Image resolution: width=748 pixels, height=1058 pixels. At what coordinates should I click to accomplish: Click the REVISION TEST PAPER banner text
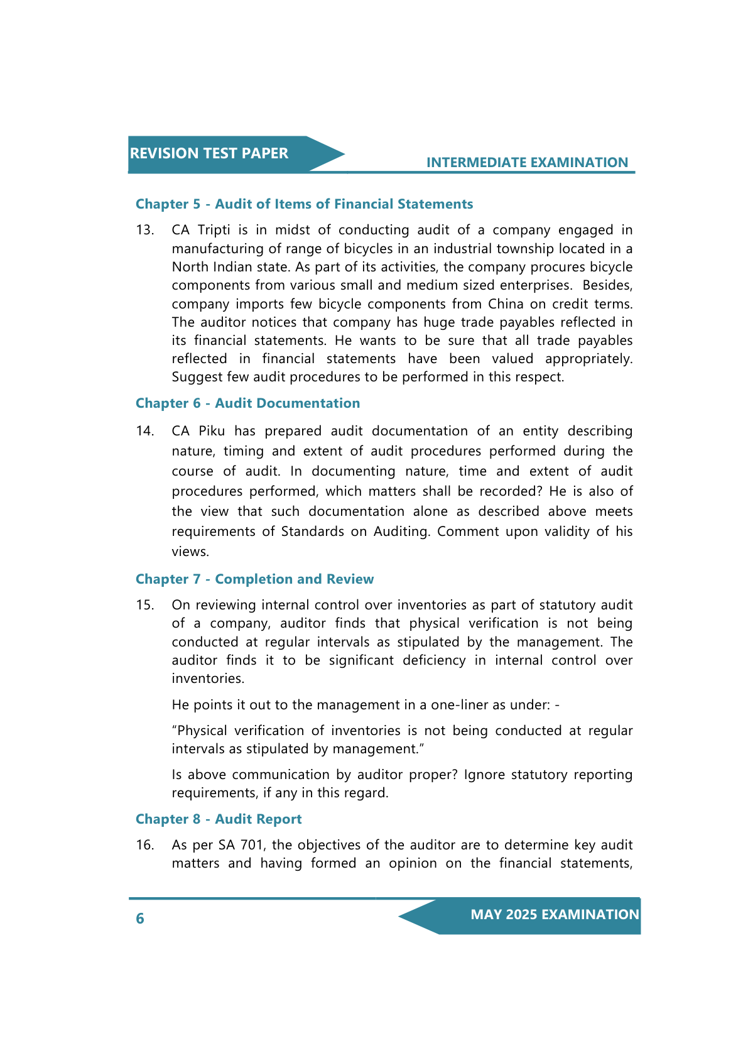(209, 153)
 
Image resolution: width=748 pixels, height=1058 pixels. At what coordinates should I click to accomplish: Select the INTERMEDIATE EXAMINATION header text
(527, 163)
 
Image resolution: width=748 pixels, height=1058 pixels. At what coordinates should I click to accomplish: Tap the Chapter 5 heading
(304, 204)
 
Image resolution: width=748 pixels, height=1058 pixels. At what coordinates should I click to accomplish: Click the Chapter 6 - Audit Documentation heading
(247, 403)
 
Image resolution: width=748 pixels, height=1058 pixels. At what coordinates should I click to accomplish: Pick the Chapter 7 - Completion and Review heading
(254, 579)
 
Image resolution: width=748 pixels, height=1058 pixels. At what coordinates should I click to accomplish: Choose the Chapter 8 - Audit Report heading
(219, 819)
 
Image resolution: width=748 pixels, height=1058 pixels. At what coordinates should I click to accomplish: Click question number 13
(144, 230)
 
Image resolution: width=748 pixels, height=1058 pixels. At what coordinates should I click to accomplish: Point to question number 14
(144, 431)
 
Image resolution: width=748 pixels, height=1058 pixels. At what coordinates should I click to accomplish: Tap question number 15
(144, 605)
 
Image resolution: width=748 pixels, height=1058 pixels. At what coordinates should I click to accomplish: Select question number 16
(144, 845)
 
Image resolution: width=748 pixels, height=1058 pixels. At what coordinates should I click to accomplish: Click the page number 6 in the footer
(140, 919)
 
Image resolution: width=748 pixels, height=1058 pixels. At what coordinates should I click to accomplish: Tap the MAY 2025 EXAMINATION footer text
(555, 915)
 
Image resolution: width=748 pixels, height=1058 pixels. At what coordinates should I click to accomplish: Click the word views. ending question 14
(190, 552)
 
